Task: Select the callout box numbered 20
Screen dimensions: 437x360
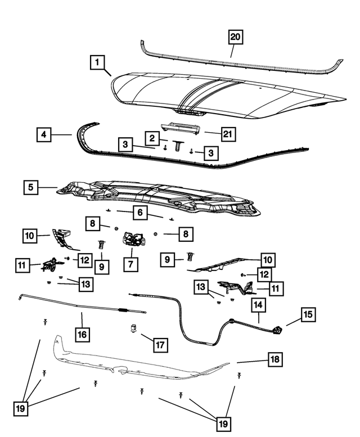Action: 235,37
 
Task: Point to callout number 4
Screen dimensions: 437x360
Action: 44,135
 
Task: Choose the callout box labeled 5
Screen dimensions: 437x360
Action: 31,187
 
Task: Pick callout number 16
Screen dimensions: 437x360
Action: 82,334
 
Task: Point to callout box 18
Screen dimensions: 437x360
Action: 276,358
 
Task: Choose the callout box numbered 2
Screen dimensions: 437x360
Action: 151,137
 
